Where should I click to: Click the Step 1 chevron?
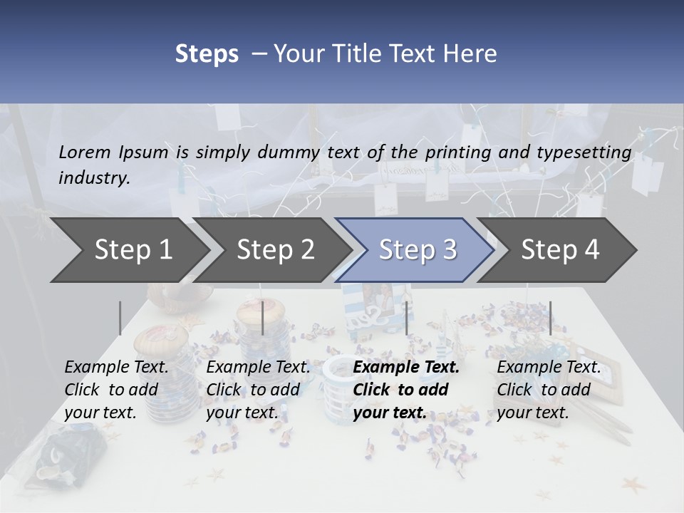point(133,250)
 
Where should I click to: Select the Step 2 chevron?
point(275,250)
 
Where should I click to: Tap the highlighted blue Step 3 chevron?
point(418,250)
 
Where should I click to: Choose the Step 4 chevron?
point(560,250)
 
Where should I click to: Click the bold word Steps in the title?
point(207,54)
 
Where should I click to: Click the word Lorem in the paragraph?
point(84,152)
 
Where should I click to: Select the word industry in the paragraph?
point(93,178)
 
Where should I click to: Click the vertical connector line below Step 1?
point(120,318)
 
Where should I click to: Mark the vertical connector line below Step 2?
point(263,318)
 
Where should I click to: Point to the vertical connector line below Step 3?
point(407,318)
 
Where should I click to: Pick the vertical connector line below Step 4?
point(550,318)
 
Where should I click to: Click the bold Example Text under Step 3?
point(406,368)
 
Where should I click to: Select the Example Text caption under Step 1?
point(116,368)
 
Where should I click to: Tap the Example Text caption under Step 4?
point(549,368)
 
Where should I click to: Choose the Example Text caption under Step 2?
point(258,368)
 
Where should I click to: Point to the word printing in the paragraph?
point(452,152)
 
